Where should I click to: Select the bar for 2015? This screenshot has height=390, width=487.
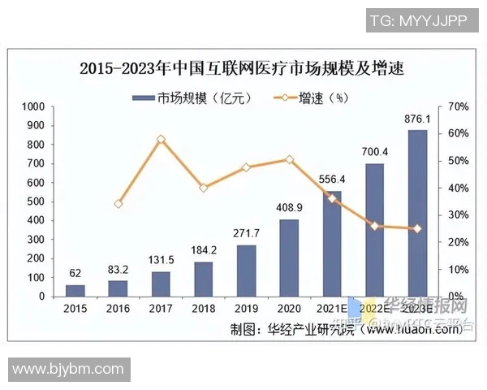point(75,290)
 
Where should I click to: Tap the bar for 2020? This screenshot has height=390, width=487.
point(289,258)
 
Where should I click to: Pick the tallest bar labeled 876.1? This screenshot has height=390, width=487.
point(417,213)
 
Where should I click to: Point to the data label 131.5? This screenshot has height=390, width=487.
point(161,260)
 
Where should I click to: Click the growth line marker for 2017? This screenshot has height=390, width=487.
point(161,139)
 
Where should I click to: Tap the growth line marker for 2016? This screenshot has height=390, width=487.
point(119,204)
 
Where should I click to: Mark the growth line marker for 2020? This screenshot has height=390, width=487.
point(289,160)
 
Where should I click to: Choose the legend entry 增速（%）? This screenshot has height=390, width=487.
point(322,98)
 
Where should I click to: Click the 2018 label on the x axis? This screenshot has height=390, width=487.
point(203,310)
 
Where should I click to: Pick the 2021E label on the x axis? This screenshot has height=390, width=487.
point(331,310)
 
